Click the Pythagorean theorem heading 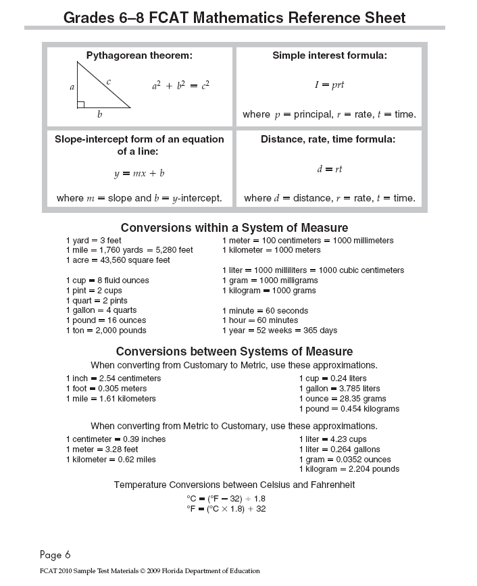point(139,55)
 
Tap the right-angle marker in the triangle point(80,104)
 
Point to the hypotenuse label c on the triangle point(108,81)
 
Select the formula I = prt point(329,85)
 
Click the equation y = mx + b point(139,173)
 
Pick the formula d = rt point(329,169)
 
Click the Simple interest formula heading point(329,55)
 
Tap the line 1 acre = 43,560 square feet point(118,260)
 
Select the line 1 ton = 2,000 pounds point(105,331)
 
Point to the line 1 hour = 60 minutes point(259,320)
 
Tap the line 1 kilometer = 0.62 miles point(110,460)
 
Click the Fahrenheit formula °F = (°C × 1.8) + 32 point(226,509)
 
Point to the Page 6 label point(55,555)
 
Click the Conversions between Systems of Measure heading point(234,351)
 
